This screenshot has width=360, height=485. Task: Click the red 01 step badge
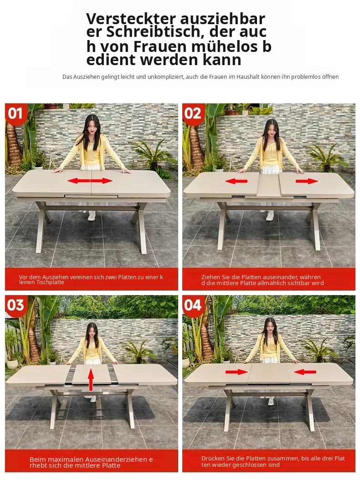coord(15,113)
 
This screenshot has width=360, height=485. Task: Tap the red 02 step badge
coord(192,113)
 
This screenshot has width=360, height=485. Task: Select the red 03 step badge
coord(15,305)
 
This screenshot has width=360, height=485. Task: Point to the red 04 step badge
coord(192,305)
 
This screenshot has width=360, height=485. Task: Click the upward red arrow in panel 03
coord(91,379)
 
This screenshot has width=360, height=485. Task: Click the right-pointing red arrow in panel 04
coord(237,372)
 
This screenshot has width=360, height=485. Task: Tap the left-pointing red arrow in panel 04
coord(304,372)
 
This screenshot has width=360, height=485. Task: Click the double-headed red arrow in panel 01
coord(90,181)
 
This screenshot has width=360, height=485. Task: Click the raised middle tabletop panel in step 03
coord(91,374)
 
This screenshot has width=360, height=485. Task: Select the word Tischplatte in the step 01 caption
coord(51,282)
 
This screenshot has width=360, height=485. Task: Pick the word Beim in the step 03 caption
coord(36,459)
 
